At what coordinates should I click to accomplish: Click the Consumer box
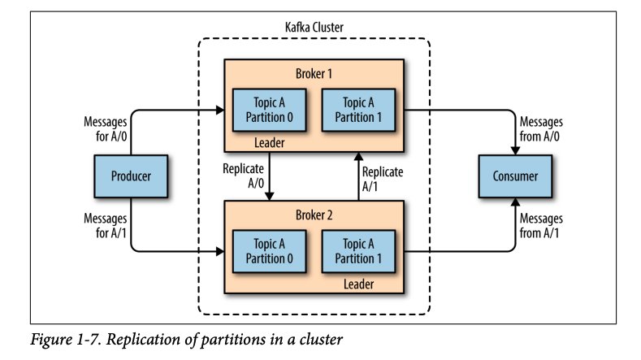click(515, 176)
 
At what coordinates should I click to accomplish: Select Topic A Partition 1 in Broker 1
click(358, 110)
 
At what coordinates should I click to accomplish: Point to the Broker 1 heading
click(313, 73)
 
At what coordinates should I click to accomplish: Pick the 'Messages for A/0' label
click(106, 128)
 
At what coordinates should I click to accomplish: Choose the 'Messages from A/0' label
click(540, 128)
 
